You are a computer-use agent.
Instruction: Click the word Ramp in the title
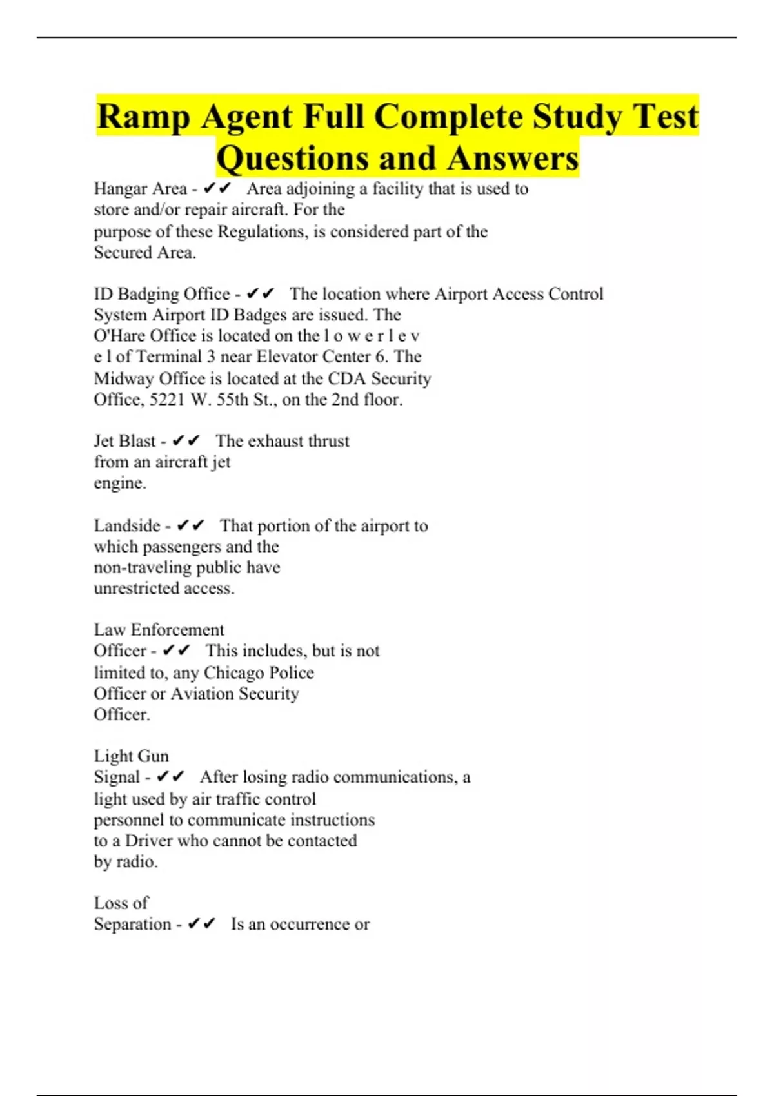pos(143,117)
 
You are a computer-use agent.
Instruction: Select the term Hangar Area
pos(140,189)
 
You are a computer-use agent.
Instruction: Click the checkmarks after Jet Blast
pos(186,441)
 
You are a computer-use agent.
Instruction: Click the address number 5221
pos(167,400)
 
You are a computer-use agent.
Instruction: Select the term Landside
pos(126,525)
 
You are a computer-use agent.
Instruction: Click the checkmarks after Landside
pos(190,525)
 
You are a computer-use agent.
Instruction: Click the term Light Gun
pos(131,756)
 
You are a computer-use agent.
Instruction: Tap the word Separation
pos(132,924)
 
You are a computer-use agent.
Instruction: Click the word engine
pos(119,483)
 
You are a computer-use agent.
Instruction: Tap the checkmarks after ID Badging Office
pos(261,294)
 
